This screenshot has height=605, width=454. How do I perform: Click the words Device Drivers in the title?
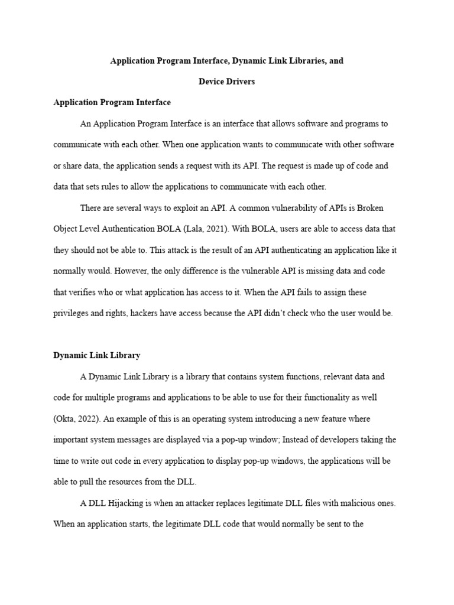[226, 82]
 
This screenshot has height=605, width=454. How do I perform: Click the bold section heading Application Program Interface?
[112, 102]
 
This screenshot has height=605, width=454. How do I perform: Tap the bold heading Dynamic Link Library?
[96, 355]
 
